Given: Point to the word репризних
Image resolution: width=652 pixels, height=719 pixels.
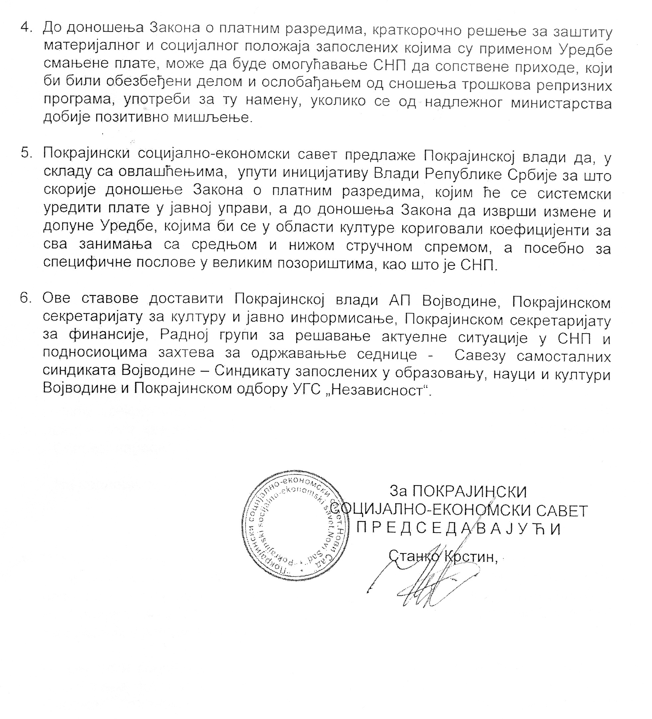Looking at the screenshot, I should tap(576, 86).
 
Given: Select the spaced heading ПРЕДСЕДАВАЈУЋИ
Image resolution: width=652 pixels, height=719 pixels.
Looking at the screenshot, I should tap(459, 529).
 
